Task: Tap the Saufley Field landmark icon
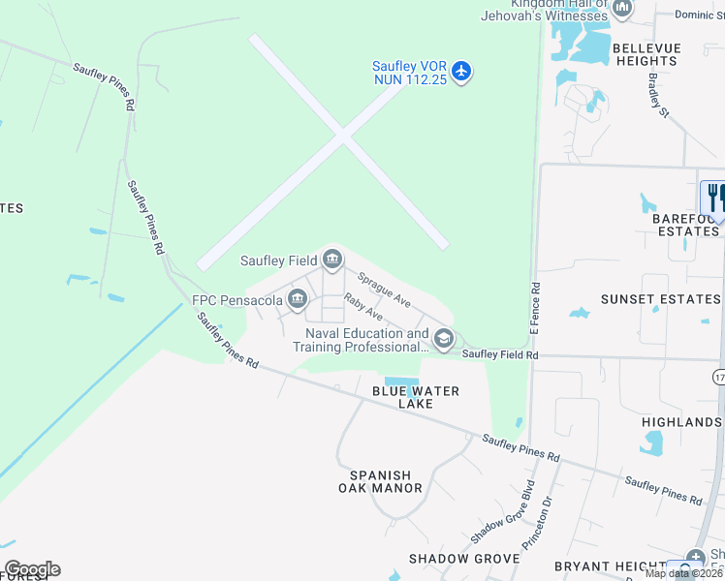tap(332, 259)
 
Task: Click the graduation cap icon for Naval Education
tap(444, 338)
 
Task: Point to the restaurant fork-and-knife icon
tap(714, 198)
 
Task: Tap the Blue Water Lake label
tap(416, 397)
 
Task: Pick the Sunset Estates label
tap(660, 299)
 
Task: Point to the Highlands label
tap(682, 422)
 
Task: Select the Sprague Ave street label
tap(384, 290)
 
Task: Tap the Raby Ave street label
tap(363, 309)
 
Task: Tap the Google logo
tap(32, 569)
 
